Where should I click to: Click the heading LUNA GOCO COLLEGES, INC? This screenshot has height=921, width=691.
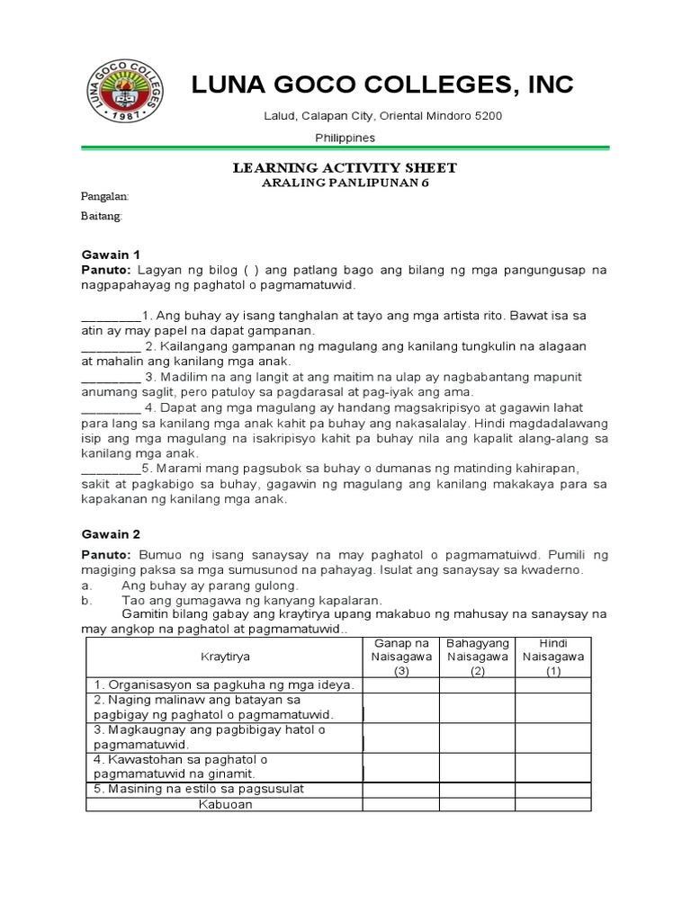coord(382,85)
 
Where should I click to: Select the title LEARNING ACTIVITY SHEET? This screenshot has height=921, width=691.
coord(345,167)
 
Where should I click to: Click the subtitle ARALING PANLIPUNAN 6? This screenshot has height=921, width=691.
coord(345,182)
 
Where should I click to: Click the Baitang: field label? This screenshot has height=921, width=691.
coord(102,217)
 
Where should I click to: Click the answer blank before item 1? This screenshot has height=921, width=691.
coord(111,317)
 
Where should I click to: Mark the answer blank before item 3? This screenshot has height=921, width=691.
coord(111,377)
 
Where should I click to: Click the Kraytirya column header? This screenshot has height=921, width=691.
coord(224,657)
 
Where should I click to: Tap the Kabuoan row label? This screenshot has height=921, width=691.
coord(225,805)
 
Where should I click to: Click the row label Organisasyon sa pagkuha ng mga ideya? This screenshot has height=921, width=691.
coord(225,685)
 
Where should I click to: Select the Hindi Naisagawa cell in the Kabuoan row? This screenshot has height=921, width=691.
coord(553,805)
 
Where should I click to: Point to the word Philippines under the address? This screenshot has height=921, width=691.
coord(345,138)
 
